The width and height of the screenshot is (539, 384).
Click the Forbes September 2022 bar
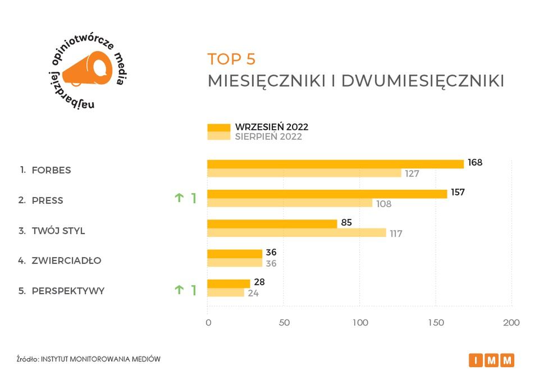point(335,164)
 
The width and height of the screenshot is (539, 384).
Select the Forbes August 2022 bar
point(304,173)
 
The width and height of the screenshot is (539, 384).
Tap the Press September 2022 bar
point(327,194)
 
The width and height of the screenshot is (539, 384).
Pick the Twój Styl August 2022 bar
point(296,232)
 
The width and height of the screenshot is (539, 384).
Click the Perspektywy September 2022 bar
point(229,284)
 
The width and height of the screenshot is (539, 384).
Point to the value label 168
point(475,163)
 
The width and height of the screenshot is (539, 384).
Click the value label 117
point(396,234)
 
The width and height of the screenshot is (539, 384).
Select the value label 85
point(346,223)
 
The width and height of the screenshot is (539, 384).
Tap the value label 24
point(253,293)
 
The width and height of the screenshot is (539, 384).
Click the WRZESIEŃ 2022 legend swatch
point(219,127)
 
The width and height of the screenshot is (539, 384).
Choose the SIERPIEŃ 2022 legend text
point(268,137)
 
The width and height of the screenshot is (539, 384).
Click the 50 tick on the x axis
point(284,323)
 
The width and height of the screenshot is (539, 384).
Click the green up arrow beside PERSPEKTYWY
point(179,290)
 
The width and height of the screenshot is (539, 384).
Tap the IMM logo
point(491,360)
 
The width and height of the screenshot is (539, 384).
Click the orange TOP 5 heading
point(231,59)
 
